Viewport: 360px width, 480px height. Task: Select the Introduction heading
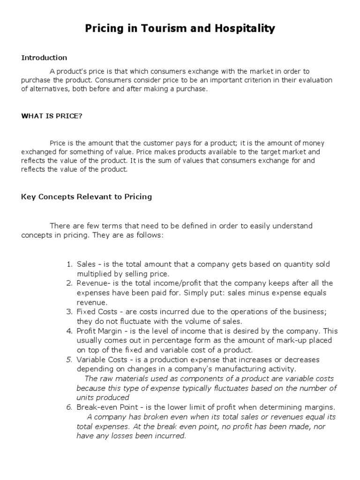[x=44, y=58]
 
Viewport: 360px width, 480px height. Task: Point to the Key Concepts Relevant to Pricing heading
[x=87, y=197]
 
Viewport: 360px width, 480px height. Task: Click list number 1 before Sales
[x=69, y=264]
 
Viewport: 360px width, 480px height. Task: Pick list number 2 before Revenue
[x=69, y=283]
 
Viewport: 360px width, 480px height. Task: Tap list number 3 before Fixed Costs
[x=69, y=312]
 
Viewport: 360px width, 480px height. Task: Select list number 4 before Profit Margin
[x=69, y=331]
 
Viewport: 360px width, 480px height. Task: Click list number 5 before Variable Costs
[x=69, y=360]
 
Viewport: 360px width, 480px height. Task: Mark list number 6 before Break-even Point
[x=69, y=407]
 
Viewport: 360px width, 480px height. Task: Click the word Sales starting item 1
[x=86, y=264]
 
